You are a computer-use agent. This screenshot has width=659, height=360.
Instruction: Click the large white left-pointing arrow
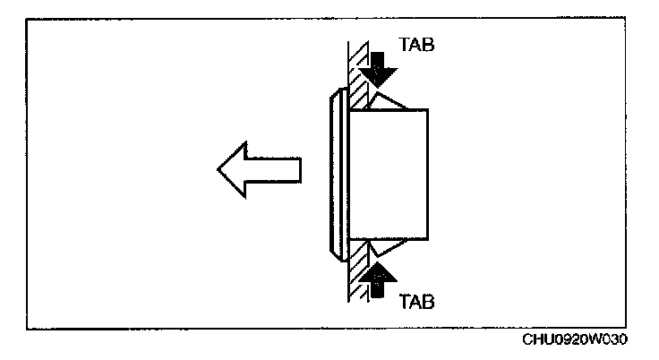(x=260, y=170)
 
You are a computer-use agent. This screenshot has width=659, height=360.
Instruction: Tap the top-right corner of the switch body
(x=429, y=109)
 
